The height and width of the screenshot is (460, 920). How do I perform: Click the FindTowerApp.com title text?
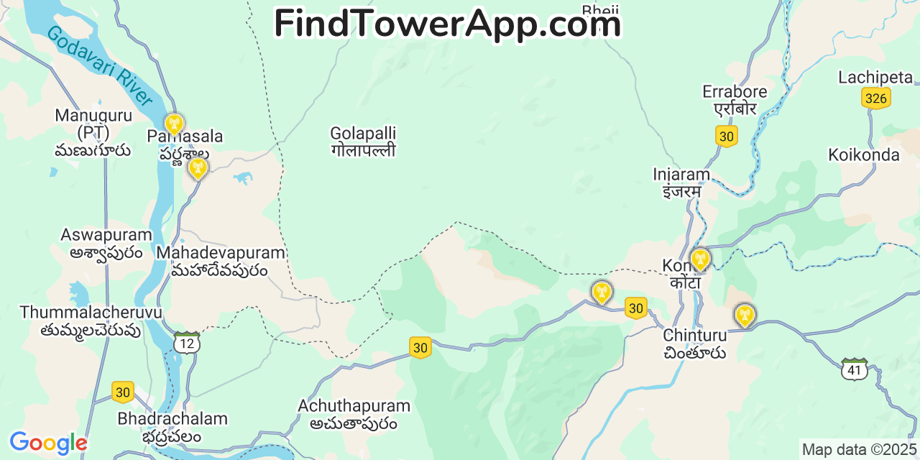pyautogui.click(x=447, y=24)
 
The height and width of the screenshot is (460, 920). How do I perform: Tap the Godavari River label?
pyautogui.click(x=100, y=66)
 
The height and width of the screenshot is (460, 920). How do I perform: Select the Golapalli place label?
pyautogui.click(x=363, y=142)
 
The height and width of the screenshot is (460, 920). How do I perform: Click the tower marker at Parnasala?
pyautogui.click(x=174, y=124)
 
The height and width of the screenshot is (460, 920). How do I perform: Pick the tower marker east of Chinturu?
pyautogui.click(x=745, y=315)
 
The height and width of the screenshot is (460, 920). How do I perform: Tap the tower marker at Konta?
pyautogui.click(x=699, y=259)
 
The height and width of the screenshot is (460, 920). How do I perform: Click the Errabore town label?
pyautogui.click(x=735, y=100)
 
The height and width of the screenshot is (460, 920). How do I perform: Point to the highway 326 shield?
pyautogui.click(x=875, y=98)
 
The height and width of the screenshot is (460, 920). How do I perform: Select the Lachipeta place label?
pyautogui.click(x=875, y=78)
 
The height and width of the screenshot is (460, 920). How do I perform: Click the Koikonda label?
pyautogui.click(x=863, y=155)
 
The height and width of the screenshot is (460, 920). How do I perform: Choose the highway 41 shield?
pyautogui.click(x=855, y=369)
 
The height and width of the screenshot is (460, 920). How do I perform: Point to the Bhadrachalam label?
pyautogui.click(x=172, y=427)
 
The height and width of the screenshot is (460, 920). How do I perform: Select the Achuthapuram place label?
pyautogui.click(x=354, y=414)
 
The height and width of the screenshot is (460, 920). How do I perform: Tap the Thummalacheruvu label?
pyautogui.click(x=91, y=321)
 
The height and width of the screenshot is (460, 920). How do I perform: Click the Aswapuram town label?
pyautogui.click(x=106, y=243)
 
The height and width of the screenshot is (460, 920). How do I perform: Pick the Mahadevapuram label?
pyautogui.click(x=221, y=261)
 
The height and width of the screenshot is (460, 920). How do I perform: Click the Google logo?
pyautogui.click(x=47, y=443)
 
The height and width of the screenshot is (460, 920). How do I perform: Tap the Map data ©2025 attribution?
pyautogui.click(x=860, y=450)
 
